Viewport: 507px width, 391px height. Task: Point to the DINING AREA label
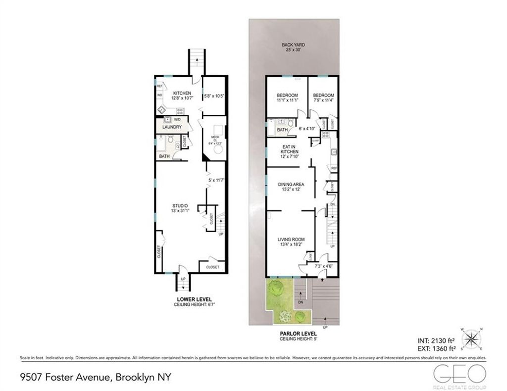(291, 184)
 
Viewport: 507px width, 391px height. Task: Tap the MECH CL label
(215, 138)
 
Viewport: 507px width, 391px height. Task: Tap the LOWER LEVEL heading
(194, 299)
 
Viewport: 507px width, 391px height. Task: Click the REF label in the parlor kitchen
(334, 168)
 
